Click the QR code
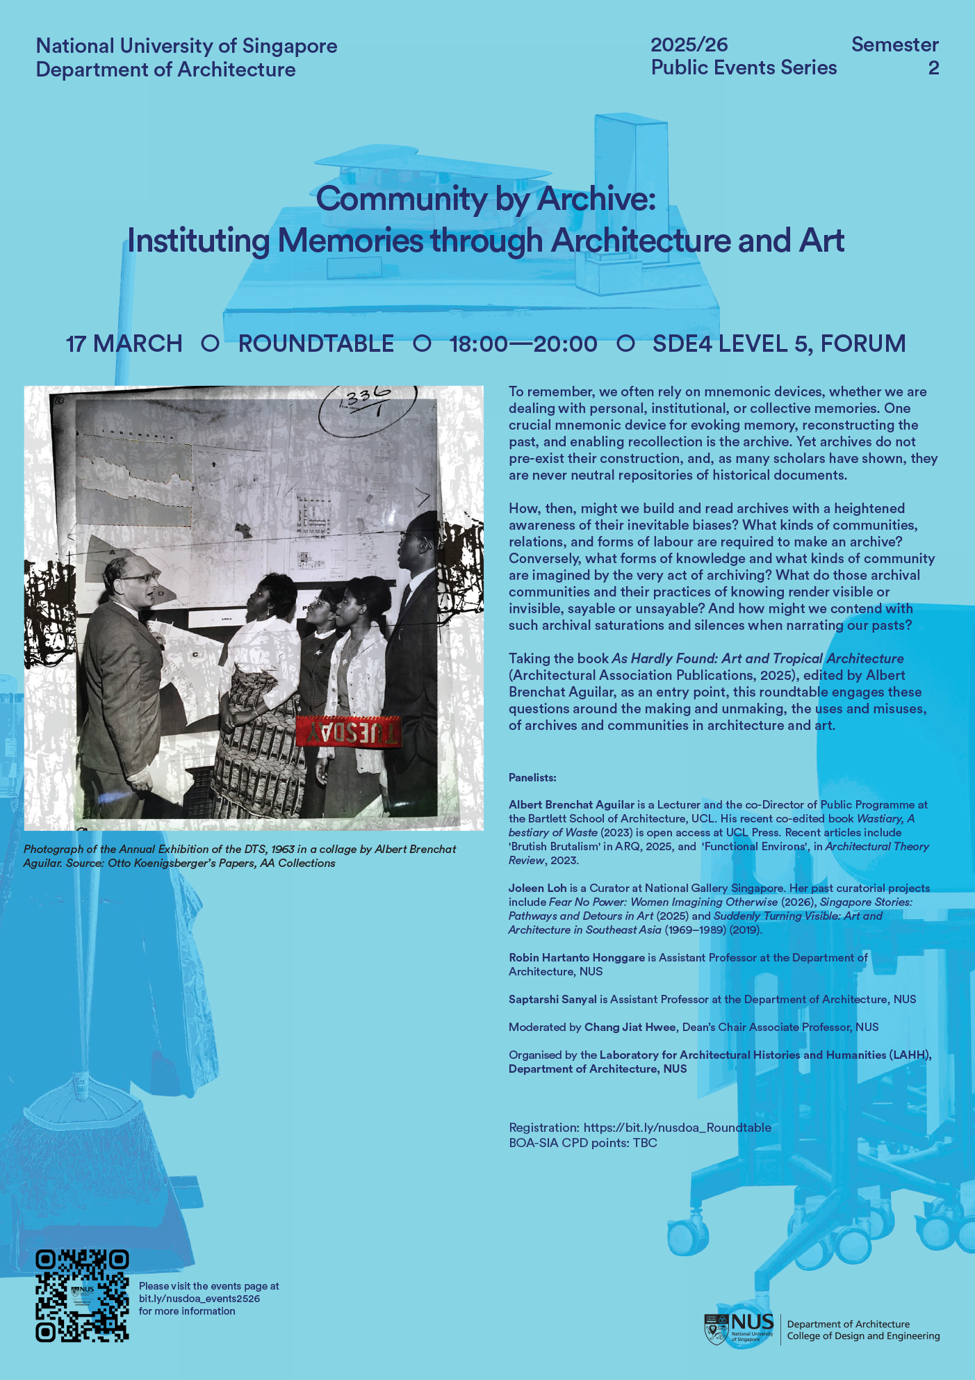[x=82, y=1296]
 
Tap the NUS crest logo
[x=716, y=1329]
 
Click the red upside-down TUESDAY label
[x=348, y=731]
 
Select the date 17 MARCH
[x=124, y=343]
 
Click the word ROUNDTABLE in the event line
[x=316, y=343]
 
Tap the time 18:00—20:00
[x=523, y=343]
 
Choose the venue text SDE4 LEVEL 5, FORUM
[x=779, y=343]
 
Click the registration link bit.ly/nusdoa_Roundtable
[x=677, y=1128]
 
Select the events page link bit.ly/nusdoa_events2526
[x=199, y=1299]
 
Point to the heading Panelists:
[x=532, y=777]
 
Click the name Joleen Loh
[x=537, y=888]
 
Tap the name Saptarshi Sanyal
[x=552, y=999]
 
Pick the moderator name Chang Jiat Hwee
[x=630, y=1027]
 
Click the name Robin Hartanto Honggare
[x=577, y=957]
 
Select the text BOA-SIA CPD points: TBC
[x=582, y=1143]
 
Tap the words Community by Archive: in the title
[x=486, y=199]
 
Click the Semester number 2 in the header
[x=933, y=68]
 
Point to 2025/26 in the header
[x=689, y=45]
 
